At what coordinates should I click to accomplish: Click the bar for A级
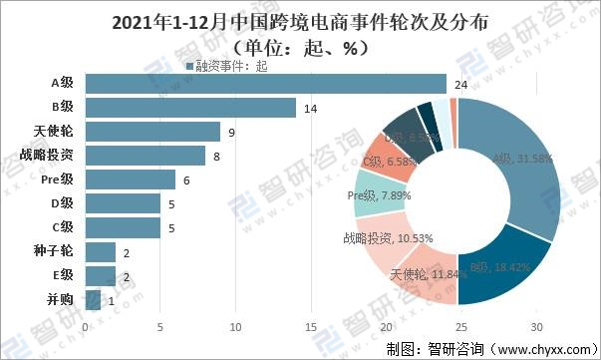point(265,83)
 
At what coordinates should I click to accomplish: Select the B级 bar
point(190,107)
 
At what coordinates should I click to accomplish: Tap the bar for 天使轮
point(152,131)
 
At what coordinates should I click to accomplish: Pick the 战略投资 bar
point(146,155)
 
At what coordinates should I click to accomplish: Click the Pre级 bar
point(131,179)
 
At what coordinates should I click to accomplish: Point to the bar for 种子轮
point(101,251)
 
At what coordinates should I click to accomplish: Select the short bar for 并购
point(93,299)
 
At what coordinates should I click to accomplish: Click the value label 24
point(460,84)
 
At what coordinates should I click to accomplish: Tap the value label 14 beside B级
point(310,108)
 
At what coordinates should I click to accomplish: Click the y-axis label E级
point(65,275)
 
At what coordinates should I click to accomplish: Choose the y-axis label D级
point(65,203)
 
